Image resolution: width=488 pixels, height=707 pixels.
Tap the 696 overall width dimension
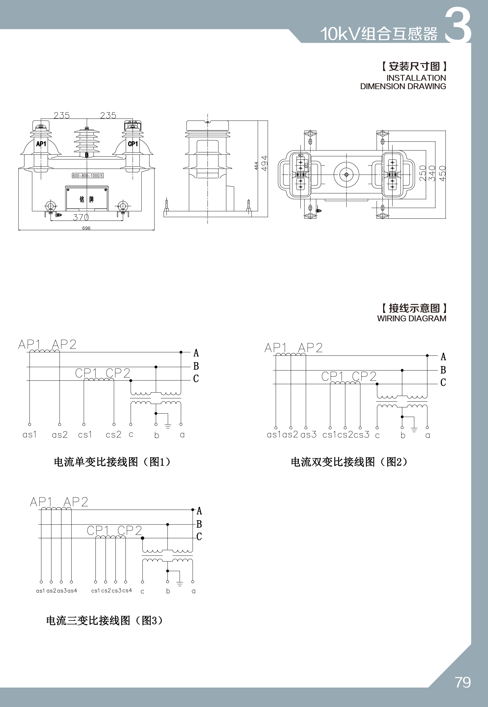[86, 228]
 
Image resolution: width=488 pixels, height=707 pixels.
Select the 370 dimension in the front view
[81, 217]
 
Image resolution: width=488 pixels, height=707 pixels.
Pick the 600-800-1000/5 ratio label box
[88, 175]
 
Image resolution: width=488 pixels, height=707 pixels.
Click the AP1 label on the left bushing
[41, 144]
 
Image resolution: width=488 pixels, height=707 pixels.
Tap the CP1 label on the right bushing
[133, 144]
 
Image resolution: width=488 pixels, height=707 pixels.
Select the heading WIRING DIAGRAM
[412, 318]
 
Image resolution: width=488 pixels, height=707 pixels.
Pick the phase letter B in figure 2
[443, 370]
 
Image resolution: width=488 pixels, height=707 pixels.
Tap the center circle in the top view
[346, 175]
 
